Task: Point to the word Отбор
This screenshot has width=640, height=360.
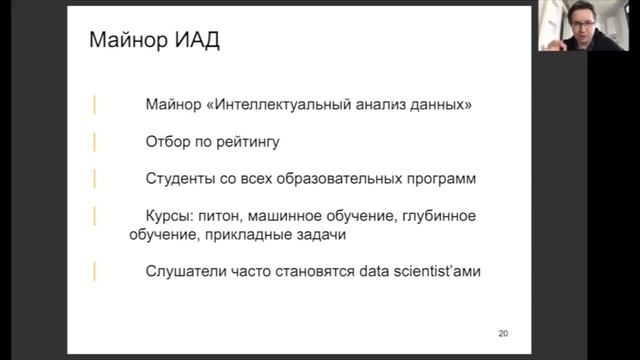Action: point(167,141)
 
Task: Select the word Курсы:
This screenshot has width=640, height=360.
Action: point(170,216)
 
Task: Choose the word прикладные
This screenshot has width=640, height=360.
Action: point(252,235)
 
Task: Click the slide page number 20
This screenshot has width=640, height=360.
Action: point(503,333)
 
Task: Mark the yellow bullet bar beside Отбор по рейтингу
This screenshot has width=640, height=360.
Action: point(95,141)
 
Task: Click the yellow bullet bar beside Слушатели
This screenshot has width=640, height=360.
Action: point(95,271)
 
